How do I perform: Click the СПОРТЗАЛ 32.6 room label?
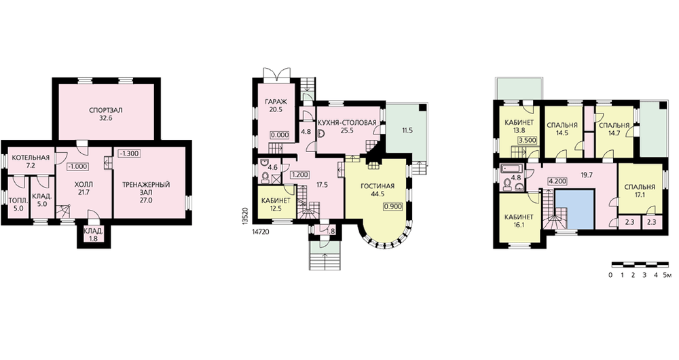tap(106, 114)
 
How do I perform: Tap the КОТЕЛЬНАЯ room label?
tap(31, 158)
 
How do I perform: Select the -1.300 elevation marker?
tap(128, 154)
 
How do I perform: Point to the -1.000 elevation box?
tap(78, 166)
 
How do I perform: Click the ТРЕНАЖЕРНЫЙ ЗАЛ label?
tap(145, 192)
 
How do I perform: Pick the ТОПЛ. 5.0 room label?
tap(18, 204)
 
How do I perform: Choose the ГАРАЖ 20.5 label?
tap(276, 106)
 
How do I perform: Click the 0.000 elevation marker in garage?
tap(279, 135)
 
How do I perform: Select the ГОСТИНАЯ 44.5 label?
tap(378, 190)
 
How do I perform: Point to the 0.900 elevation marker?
tap(393, 206)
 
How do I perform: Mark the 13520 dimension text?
tap(245, 215)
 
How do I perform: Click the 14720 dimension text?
tap(260, 232)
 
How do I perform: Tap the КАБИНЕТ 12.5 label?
tap(276, 204)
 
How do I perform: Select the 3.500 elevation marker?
tap(528, 141)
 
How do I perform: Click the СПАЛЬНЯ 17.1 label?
tap(640, 191)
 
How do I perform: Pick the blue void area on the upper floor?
tap(574, 209)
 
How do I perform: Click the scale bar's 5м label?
tap(668, 275)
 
